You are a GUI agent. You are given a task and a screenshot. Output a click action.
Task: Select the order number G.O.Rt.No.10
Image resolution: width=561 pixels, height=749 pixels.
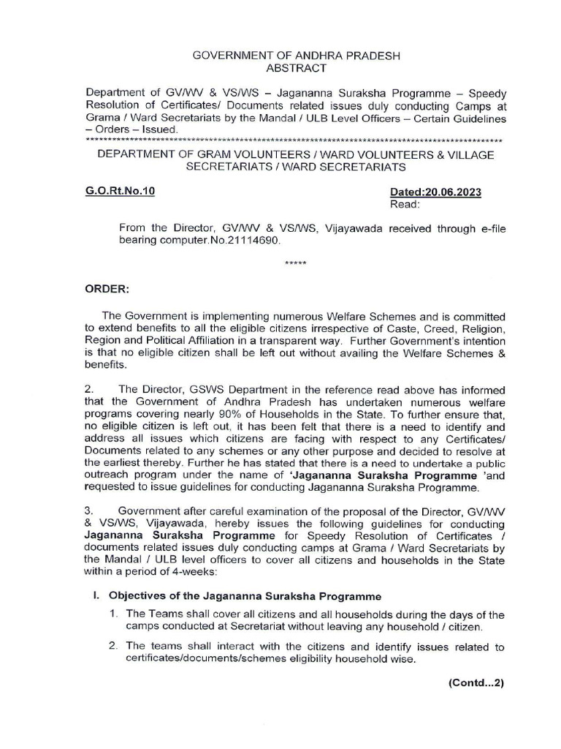click(120, 192)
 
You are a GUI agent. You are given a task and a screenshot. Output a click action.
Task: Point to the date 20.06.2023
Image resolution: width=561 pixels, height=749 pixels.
click(455, 192)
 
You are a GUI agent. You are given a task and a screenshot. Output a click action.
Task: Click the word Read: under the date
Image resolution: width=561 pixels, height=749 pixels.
click(405, 205)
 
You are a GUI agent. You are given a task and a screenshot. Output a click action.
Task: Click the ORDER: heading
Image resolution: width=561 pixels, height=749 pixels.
click(107, 288)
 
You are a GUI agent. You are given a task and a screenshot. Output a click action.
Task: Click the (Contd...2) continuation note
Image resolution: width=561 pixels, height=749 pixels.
click(476, 684)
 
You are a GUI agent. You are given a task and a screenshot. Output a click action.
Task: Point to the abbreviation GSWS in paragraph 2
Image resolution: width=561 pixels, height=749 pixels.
click(194, 391)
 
